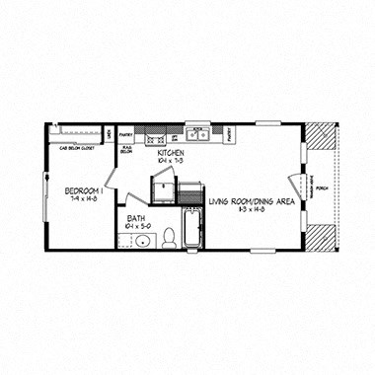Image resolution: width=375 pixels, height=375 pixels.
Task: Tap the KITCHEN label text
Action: click(x=171, y=154)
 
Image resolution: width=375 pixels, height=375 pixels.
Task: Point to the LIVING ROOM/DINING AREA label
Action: click(x=252, y=200)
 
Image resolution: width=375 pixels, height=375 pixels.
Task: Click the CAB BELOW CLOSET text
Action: click(x=76, y=147)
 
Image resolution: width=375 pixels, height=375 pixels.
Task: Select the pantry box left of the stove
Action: click(x=125, y=133)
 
